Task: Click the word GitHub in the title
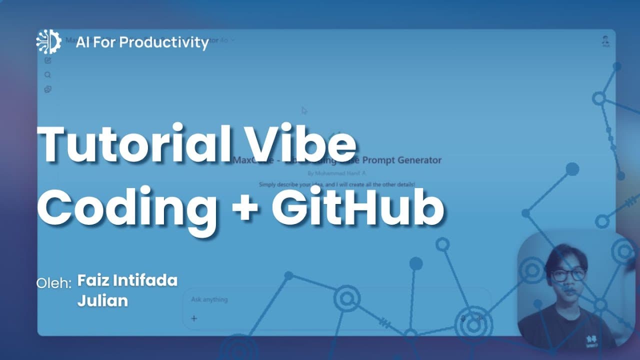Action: click(x=357, y=205)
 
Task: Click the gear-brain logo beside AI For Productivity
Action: click(x=48, y=42)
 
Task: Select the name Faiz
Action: click(x=93, y=280)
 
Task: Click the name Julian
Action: click(x=102, y=301)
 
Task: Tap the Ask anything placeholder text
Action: click(x=209, y=299)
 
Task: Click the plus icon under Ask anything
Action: click(x=194, y=318)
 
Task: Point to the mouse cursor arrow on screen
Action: click(x=304, y=110)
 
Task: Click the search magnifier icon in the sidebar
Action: click(x=47, y=75)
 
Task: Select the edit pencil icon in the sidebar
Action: click(x=47, y=60)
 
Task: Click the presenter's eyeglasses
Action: click(x=568, y=274)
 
